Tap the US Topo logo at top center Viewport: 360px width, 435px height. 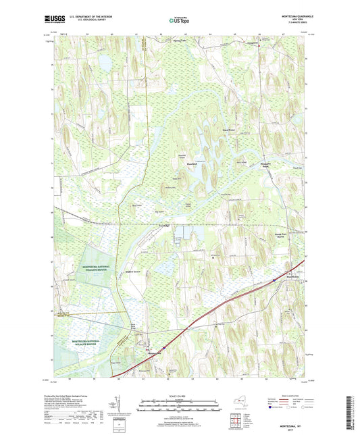179,20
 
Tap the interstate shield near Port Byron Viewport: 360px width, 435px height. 273,280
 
